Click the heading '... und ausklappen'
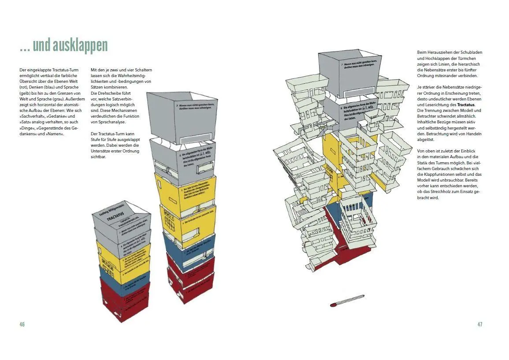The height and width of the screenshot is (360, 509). coord(63,45)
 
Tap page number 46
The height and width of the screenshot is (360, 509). coord(22,324)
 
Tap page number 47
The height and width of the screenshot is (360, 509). coord(480,324)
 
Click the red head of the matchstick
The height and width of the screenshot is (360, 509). coord(333,304)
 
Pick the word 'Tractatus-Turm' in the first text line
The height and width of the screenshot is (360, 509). coord(64,70)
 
